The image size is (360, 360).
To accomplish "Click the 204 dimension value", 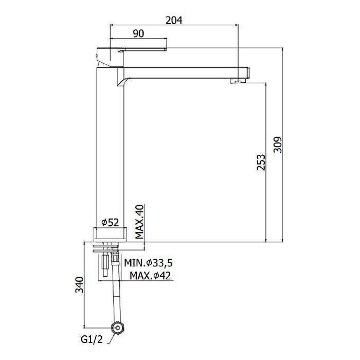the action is [x=174, y=20].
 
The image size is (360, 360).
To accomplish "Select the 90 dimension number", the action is [x=138, y=33].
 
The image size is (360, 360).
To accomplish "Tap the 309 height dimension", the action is [x=278, y=145].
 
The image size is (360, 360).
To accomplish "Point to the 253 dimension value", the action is [x=261, y=163].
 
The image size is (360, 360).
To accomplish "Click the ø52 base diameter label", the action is [x=110, y=222].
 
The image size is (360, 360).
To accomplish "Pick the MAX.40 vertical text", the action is [x=139, y=222].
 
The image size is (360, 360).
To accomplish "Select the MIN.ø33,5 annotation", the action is [x=148, y=263].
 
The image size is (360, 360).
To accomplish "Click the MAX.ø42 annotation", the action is [x=150, y=276].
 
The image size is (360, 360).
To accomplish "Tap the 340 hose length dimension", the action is [x=80, y=285].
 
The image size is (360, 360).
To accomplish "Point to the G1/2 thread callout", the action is [x=92, y=339].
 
